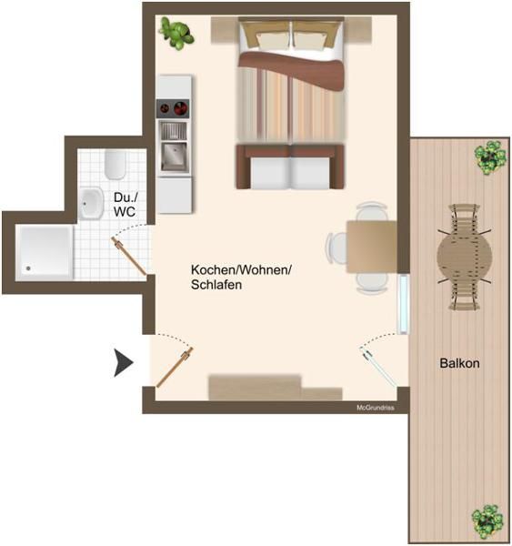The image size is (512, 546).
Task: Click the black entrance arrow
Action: [x=123, y=363]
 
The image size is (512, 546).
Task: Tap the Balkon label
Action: [x=459, y=363]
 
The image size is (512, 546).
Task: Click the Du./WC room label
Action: [x=125, y=205]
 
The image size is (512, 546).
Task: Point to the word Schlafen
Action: [x=216, y=285]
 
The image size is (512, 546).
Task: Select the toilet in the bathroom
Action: [x=115, y=165]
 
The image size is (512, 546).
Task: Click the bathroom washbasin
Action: [x=91, y=203]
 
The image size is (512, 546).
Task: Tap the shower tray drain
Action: [x=28, y=268]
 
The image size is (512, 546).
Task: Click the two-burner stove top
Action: [x=173, y=108]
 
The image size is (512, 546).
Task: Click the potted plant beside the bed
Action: [x=176, y=34]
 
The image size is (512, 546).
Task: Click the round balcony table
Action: [x=465, y=257]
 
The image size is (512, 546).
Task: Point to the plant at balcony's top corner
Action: [x=490, y=157]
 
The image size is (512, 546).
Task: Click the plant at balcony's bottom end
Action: [x=487, y=521]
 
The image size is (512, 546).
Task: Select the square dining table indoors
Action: [x=372, y=247]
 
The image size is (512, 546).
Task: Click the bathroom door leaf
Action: [x=128, y=256]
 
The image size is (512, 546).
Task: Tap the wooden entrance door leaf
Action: [x=175, y=367]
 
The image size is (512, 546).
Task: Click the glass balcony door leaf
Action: [x=378, y=367]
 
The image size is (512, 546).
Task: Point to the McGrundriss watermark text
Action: [x=376, y=408]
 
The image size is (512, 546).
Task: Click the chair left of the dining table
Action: [x=336, y=248]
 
